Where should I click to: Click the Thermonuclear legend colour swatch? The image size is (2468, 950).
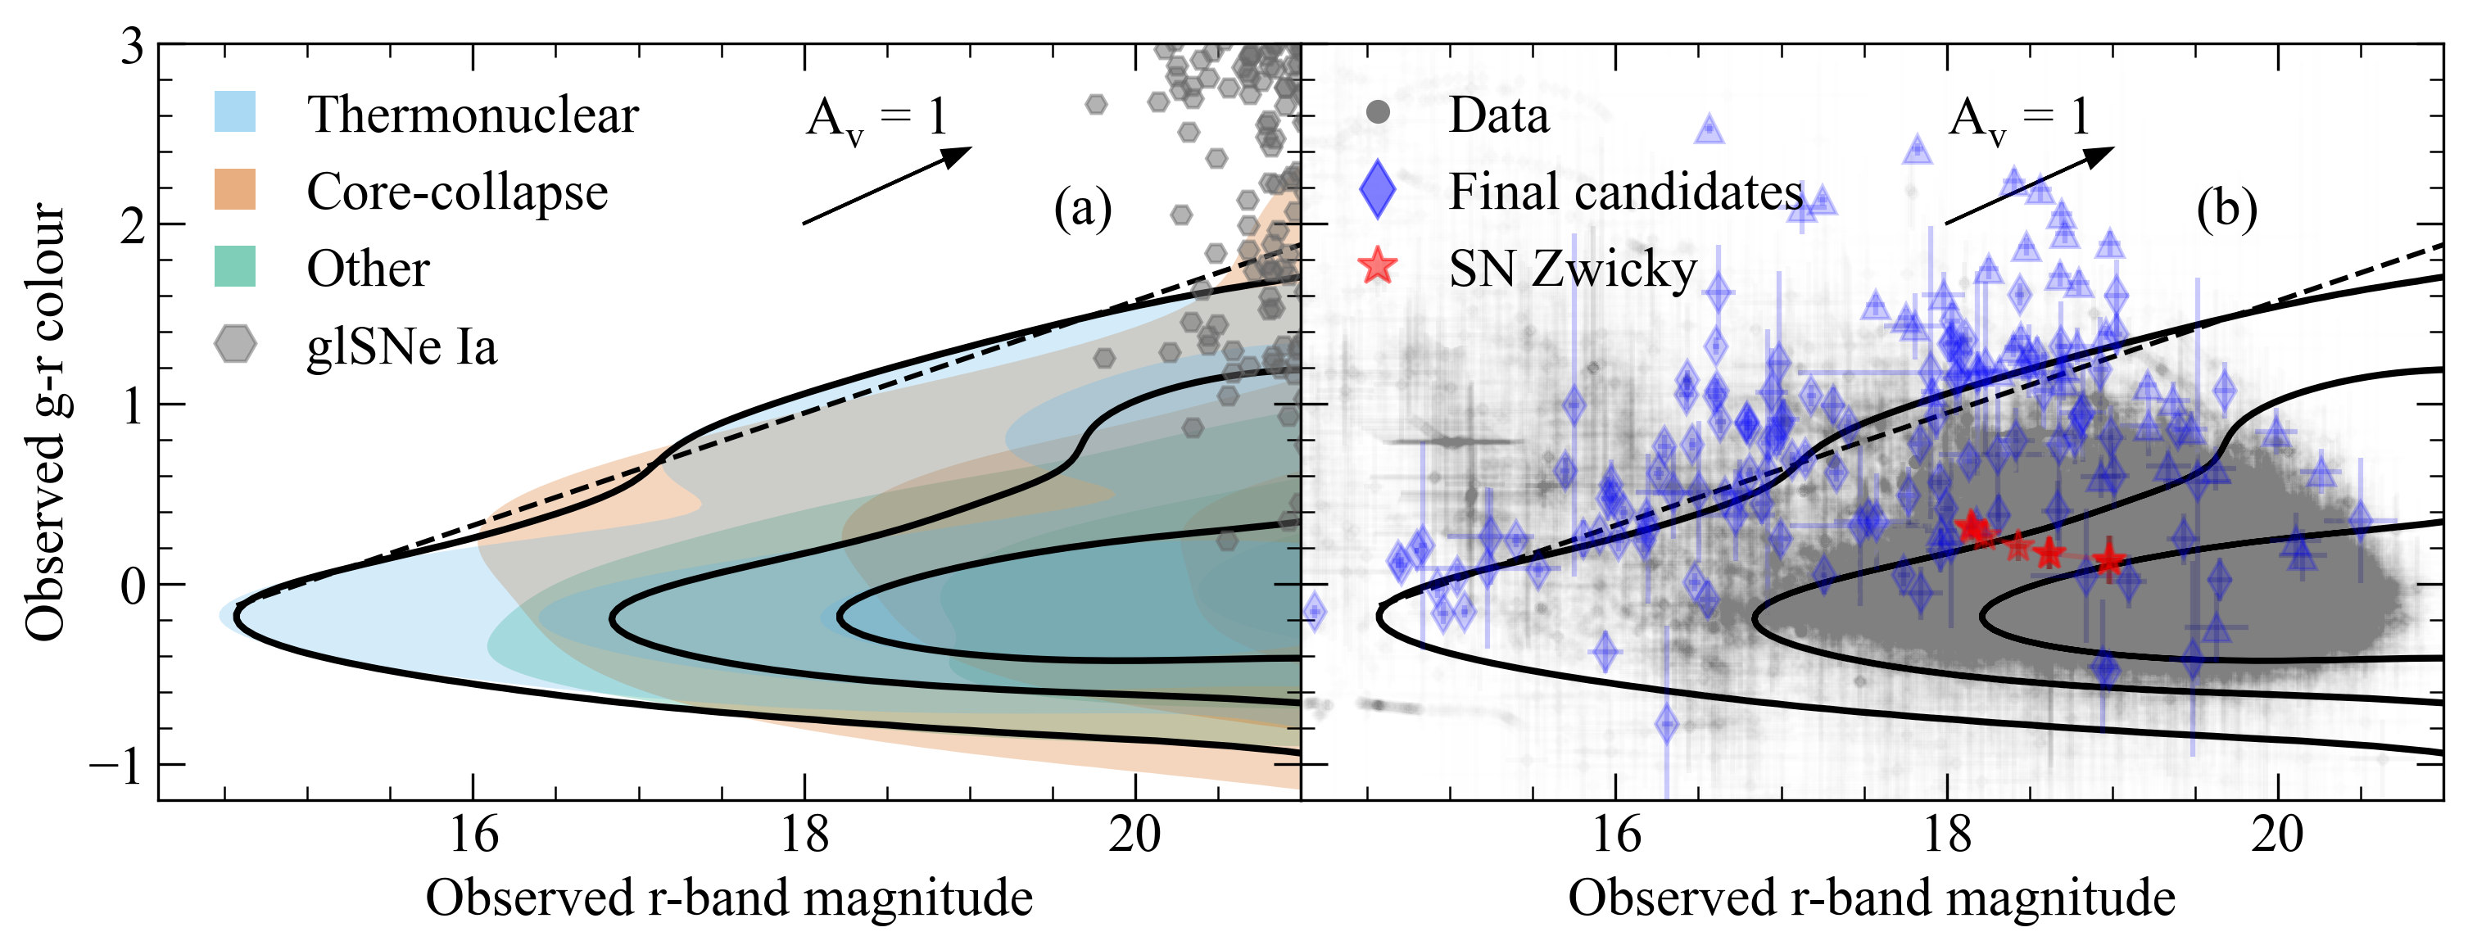click(235, 112)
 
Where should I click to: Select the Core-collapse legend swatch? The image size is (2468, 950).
click(235, 190)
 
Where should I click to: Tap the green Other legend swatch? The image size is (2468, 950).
click(235, 266)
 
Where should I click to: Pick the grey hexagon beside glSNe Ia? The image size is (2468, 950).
click(235, 344)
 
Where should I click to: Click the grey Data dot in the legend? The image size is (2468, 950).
click(1378, 112)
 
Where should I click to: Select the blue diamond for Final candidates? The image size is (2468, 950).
click(1378, 190)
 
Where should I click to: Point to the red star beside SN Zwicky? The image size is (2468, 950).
click(1378, 266)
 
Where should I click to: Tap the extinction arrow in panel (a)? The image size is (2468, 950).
click(887, 186)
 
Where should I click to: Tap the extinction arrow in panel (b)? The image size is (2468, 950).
click(2029, 186)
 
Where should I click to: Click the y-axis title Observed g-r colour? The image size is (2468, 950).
click(46, 422)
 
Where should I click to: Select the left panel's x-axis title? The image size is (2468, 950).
click(729, 898)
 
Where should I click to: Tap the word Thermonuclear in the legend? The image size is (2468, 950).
click(473, 114)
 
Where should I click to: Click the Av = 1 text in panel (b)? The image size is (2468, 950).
click(2018, 119)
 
